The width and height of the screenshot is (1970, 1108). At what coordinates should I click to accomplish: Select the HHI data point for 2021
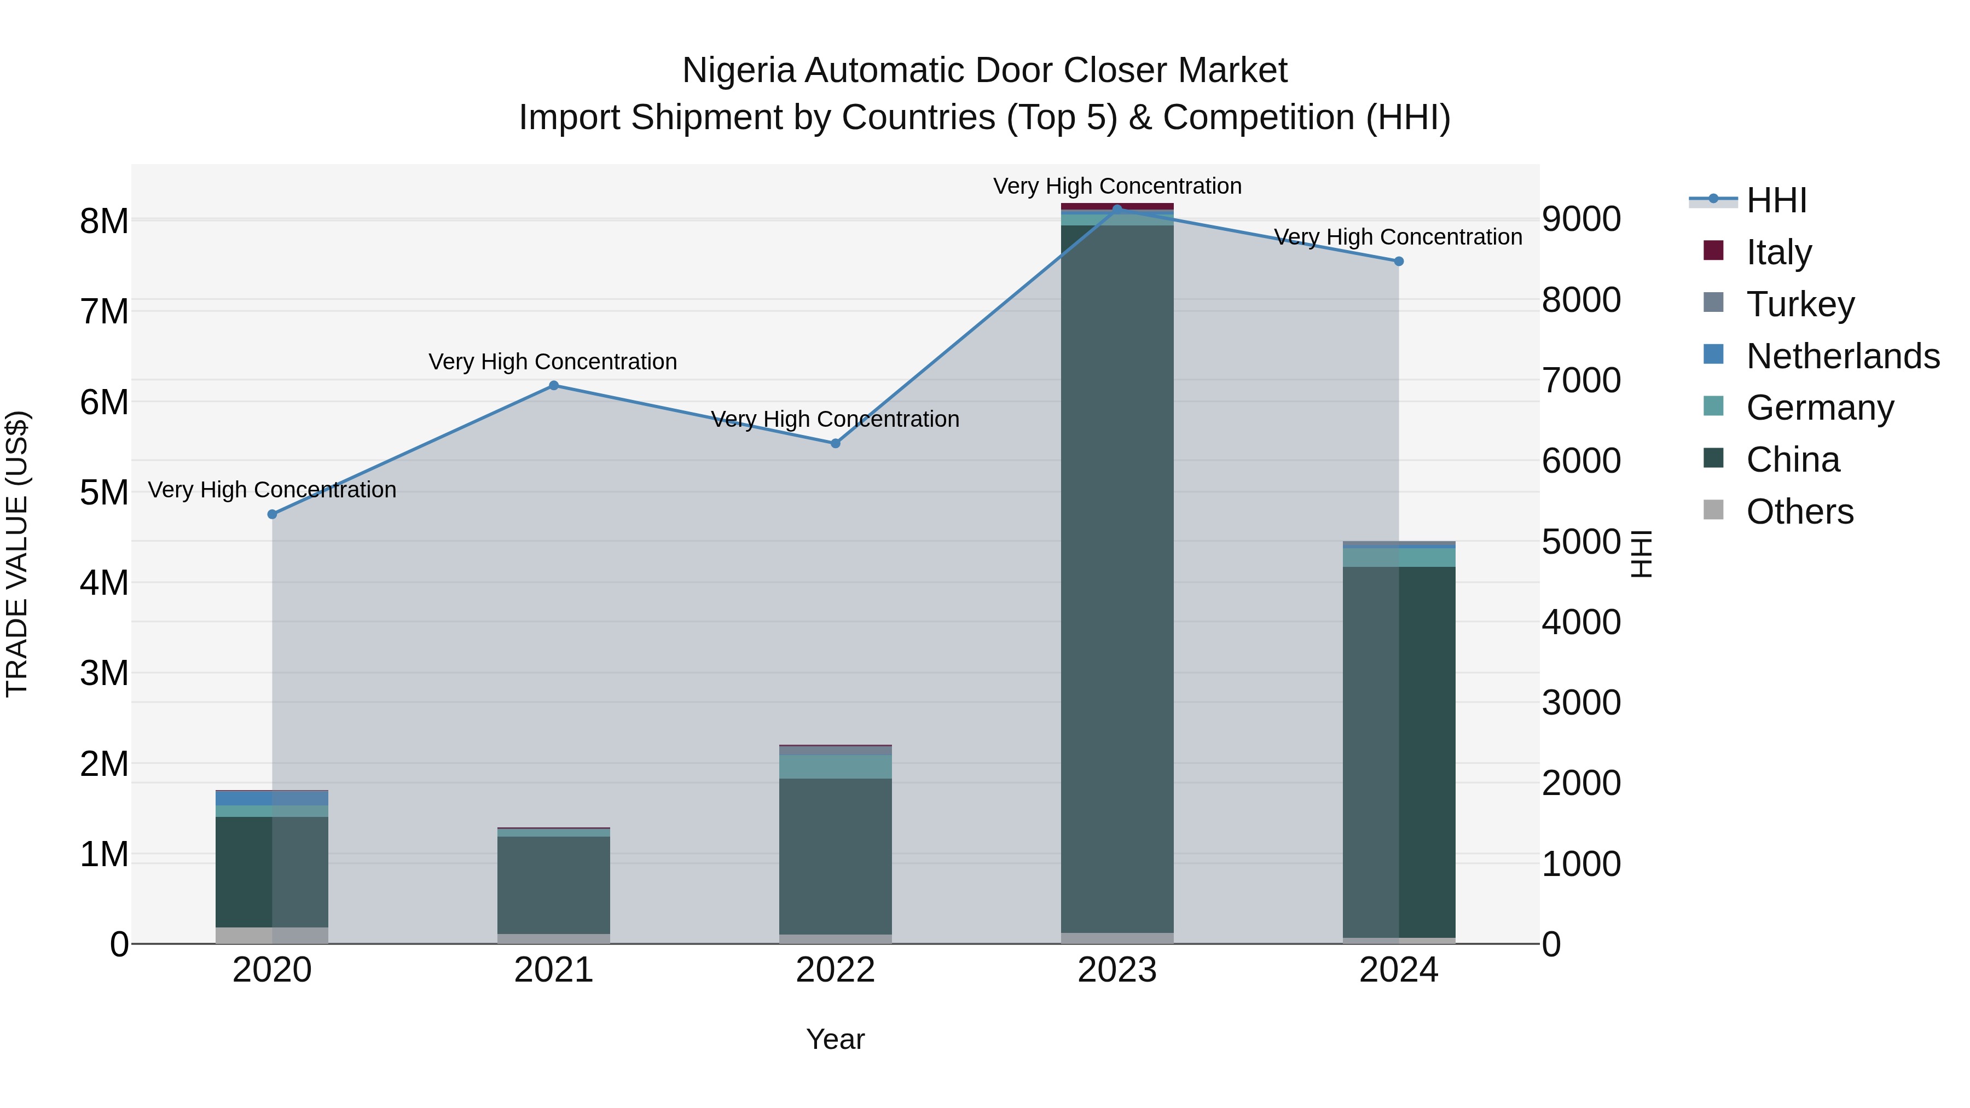pyautogui.click(x=554, y=385)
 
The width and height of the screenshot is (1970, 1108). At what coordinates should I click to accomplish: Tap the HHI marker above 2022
pyautogui.click(x=835, y=444)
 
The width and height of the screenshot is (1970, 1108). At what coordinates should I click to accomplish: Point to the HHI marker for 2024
pyautogui.click(x=1399, y=262)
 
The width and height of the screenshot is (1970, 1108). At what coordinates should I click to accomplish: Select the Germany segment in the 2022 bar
pyautogui.click(x=835, y=767)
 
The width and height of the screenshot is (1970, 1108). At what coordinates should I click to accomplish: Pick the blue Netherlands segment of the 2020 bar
pyautogui.click(x=245, y=798)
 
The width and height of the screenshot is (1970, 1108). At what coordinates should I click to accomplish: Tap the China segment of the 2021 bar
pyautogui.click(x=554, y=885)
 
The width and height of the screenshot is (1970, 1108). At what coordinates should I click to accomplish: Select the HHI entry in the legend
pyautogui.click(x=1776, y=200)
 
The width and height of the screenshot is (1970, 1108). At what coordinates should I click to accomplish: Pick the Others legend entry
pyautogui.click(x=1799, y=512)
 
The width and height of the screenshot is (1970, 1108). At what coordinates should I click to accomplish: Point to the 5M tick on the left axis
pyautogui.click(x=104, y=492)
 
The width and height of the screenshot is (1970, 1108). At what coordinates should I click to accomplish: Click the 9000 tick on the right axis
pyautogui.click(x=1581, y=219)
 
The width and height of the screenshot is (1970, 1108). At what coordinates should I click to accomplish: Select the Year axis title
pyautogui.click(x=835, y=1039)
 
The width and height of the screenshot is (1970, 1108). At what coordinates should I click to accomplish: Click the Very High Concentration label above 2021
pyautogui.click(x=552, y=362)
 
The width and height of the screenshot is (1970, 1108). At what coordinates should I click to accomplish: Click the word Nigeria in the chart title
pyautogui.click(x=738, y=71)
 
